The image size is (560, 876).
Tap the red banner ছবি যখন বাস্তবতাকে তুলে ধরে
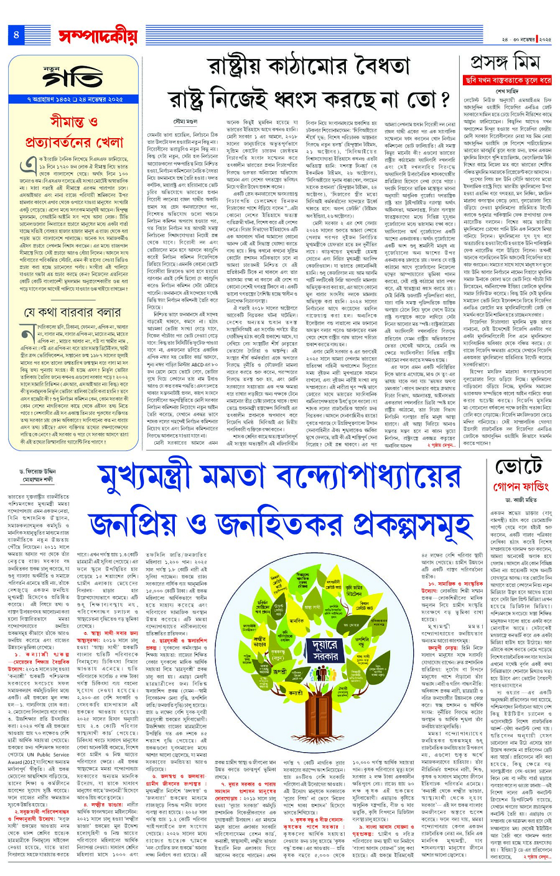click(508, 80)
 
